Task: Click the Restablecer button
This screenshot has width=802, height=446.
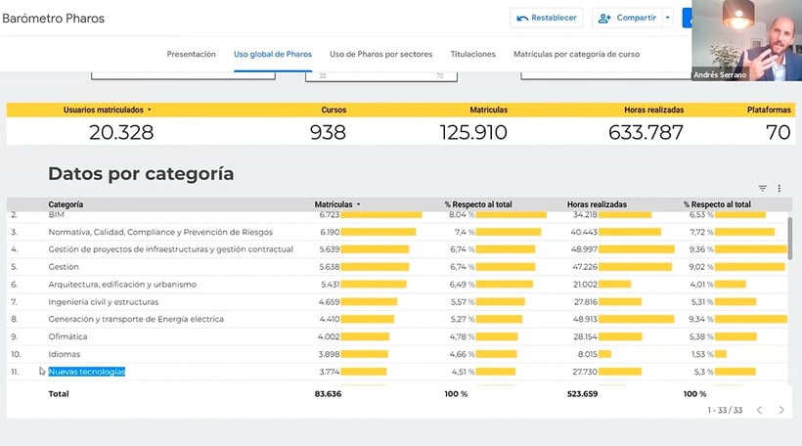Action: coord(546,18)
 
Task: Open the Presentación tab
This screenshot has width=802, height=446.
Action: coord(192,55)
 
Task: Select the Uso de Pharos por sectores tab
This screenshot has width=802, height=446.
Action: coord(384,55)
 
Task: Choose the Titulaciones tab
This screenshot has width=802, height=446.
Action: coord(472,55)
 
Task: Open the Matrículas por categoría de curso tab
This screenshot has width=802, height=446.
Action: coord(576,55)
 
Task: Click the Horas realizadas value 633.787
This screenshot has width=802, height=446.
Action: coord(646,132)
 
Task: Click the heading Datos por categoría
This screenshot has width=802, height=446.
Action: coord(141,174)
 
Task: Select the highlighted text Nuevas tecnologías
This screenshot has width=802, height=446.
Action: coord(87,372)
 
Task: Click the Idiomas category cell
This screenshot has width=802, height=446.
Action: coord(65,354)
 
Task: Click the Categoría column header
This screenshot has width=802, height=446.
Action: coord(66,204)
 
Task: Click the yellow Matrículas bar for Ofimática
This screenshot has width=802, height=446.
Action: coord(365,336)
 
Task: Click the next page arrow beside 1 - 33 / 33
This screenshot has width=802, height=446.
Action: coord(781,410)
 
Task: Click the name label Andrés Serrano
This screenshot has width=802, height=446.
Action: coord(719,75)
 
